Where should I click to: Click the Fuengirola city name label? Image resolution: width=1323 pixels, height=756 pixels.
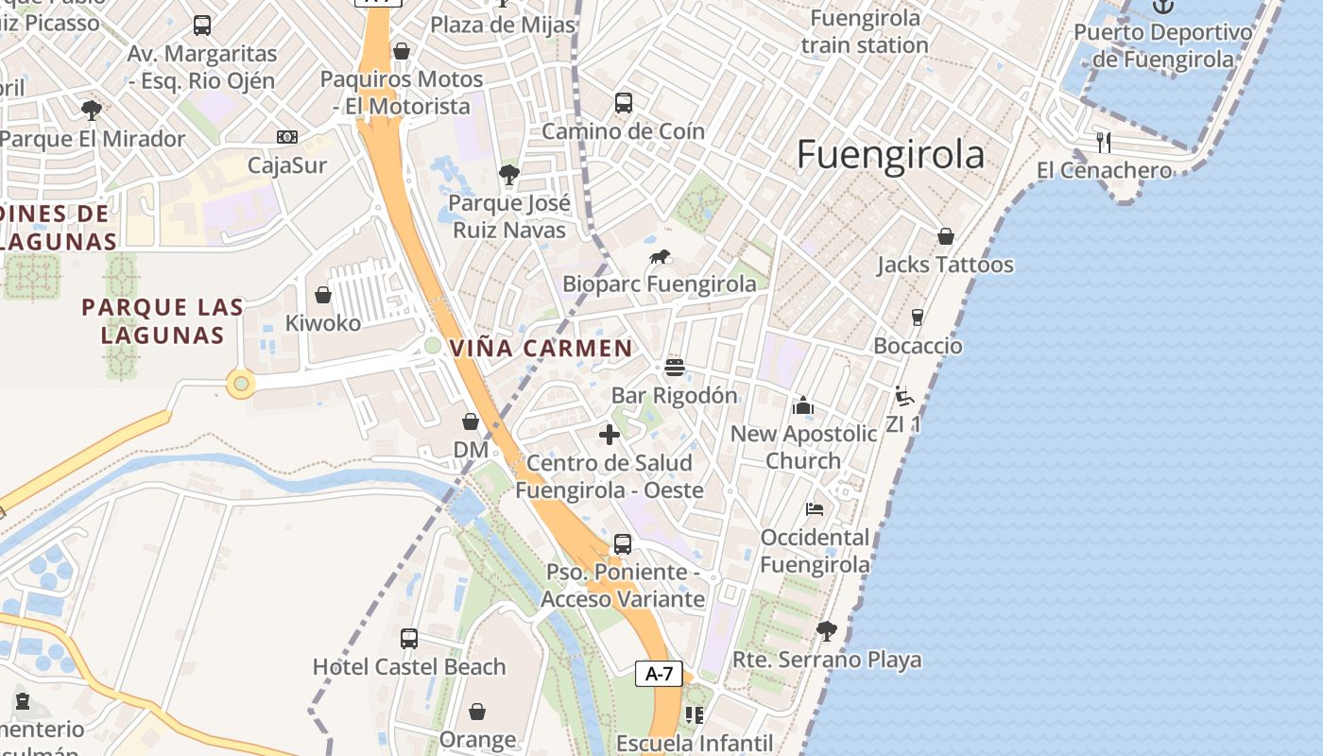coord(890,155)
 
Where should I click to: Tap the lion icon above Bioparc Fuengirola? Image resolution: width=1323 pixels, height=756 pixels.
coord(660,256)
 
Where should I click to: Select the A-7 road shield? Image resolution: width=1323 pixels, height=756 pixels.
coord(659,674)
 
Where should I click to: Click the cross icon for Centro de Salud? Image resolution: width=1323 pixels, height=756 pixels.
coord(610,435)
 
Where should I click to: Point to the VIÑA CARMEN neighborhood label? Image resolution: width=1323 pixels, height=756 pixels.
coord(541,348)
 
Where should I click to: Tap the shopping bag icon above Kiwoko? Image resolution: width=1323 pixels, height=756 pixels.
coord(323,295)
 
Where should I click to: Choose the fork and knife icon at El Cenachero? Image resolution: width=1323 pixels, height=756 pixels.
coord(1104,143)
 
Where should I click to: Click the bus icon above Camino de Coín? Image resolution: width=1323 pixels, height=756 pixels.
coord(624,103)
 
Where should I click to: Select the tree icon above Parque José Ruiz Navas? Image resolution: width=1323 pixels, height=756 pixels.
coord(509,175)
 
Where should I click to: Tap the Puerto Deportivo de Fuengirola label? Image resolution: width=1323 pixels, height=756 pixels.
coord(1163,45)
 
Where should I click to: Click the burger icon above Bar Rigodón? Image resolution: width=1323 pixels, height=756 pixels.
coord(674,367)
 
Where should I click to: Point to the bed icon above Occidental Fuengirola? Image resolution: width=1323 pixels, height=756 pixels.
coord(815,509)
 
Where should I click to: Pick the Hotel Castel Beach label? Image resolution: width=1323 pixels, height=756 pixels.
coord(409,666)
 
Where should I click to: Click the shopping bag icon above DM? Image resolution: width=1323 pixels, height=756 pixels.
coord(471,421)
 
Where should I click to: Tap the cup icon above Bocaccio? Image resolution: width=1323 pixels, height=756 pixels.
coord(917,317)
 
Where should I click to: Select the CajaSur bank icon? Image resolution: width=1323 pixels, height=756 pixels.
coord(287,137)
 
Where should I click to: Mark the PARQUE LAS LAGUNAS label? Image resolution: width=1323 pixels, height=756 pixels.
coord(163,320)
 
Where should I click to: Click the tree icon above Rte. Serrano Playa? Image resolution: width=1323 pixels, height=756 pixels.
coord(827,630)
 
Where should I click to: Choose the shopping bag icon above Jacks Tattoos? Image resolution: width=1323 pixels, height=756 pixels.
coord(945,236)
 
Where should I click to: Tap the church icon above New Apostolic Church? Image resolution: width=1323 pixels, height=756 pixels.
coord(803,406)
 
